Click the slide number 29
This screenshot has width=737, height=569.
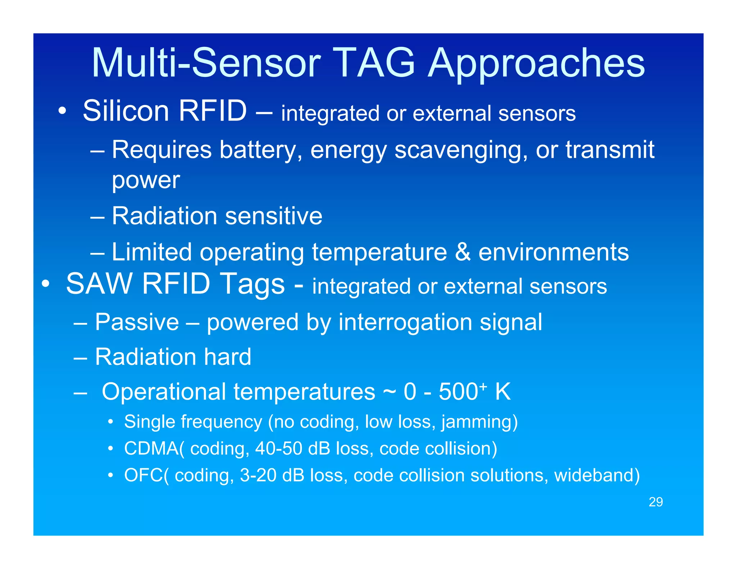click(x=655, y=502)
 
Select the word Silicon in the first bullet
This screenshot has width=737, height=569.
click(x=126, y=111)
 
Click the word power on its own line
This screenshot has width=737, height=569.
click(x=146, y=181)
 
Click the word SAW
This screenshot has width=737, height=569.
click(x=100, y=284)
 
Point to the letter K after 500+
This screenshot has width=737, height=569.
click(x=503, y=392)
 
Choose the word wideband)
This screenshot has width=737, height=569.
click(x=597, y=475)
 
